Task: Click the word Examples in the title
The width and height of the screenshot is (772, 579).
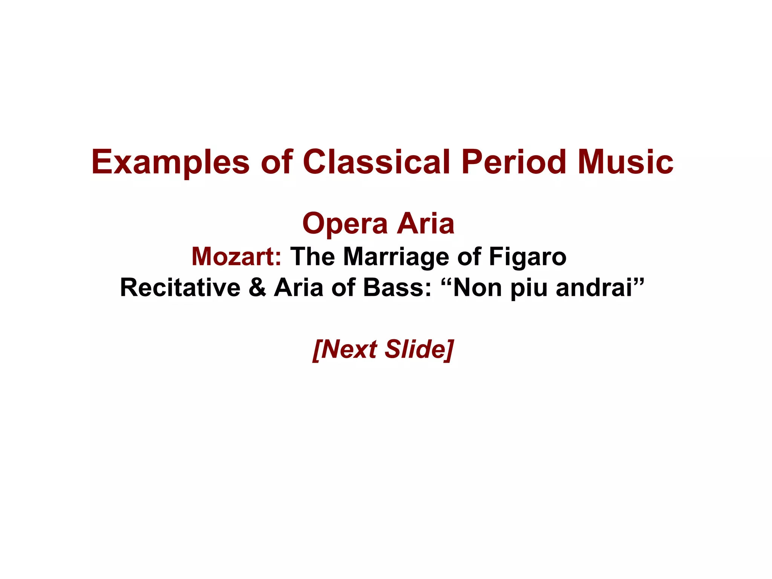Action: [x=170, y=162]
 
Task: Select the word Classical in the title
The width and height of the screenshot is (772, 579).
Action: [x=376, y=162]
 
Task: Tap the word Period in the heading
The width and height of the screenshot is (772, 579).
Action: [x=514, y=162]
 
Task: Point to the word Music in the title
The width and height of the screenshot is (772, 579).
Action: [x=626, y=162]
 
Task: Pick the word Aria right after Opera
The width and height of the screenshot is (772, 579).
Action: [x=426, y=224]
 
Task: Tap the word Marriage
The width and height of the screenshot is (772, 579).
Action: [x=396, y=257]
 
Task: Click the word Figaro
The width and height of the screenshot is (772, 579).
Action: [x=527, y=257]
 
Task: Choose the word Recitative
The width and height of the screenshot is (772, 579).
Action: [x=180, y=288]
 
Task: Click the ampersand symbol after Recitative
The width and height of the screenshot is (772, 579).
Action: [x=257, y=288]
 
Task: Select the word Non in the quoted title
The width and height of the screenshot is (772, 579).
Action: [x=477, y=288]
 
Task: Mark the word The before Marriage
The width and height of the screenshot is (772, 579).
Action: [x=312, y=257]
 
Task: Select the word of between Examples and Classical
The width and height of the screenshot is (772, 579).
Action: [x=277, y=162]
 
